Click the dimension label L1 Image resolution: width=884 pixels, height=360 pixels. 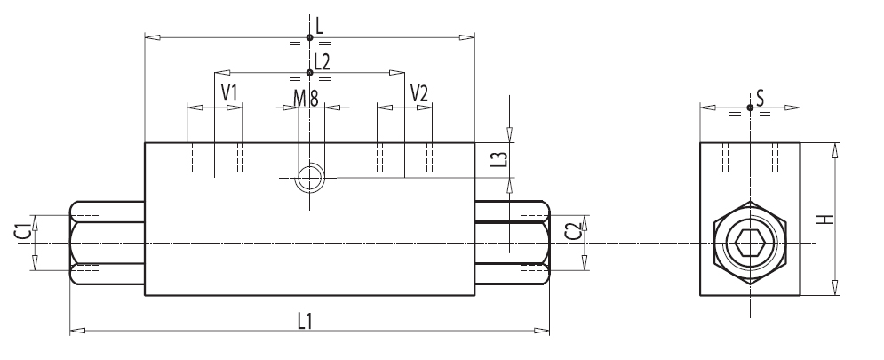tap(305, 321)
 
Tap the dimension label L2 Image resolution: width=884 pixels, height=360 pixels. tap(322, 62)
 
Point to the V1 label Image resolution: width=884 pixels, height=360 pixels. tap(229, 92)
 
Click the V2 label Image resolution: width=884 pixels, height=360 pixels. tap(418, 93)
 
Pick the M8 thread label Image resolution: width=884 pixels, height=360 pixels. tap(307, 98)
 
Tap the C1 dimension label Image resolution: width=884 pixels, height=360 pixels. tap(22, 232)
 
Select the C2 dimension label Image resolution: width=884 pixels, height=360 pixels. tap(573, 231)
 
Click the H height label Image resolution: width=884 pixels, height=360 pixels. tap(825, 219)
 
